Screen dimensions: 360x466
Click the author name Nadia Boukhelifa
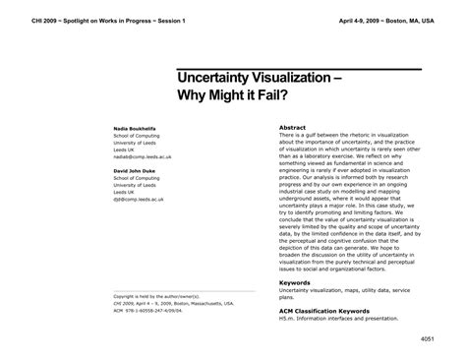click(x=137, y=129)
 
